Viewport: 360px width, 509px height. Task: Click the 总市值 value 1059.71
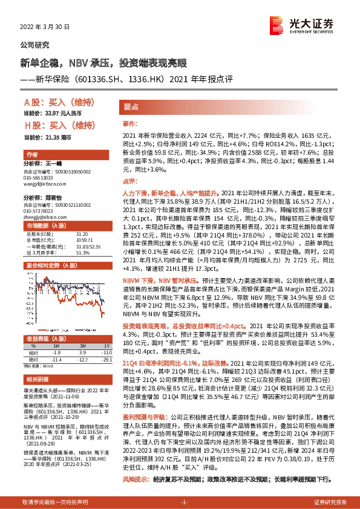(x=83, y=241)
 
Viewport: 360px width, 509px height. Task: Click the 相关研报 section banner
(x=36, y=380)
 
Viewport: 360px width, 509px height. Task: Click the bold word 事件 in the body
(x=129, y=123)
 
